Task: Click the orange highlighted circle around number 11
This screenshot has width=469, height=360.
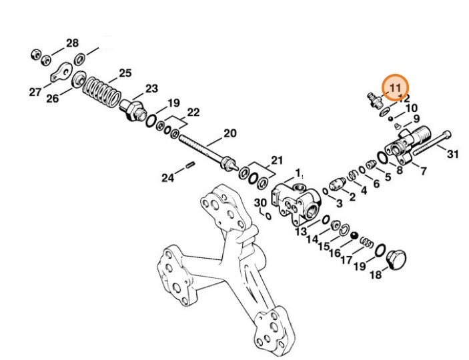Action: pos(394,87)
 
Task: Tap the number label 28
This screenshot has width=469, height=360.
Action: pos(72,44)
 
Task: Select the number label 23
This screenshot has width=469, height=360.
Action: pos(151,88)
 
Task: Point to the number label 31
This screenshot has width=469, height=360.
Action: pos(453,154)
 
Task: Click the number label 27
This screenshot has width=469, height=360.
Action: pos(35,93)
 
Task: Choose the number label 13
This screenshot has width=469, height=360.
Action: pos(301,232)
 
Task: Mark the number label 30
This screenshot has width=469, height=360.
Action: pos(260,203)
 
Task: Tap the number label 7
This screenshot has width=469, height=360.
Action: pos(423,172)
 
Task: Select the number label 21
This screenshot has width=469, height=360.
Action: pos(276,161)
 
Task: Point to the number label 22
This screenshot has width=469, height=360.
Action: pos(193,111)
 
